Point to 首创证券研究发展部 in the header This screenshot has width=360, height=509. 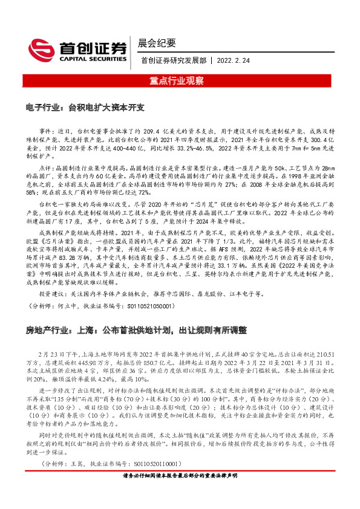173,60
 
